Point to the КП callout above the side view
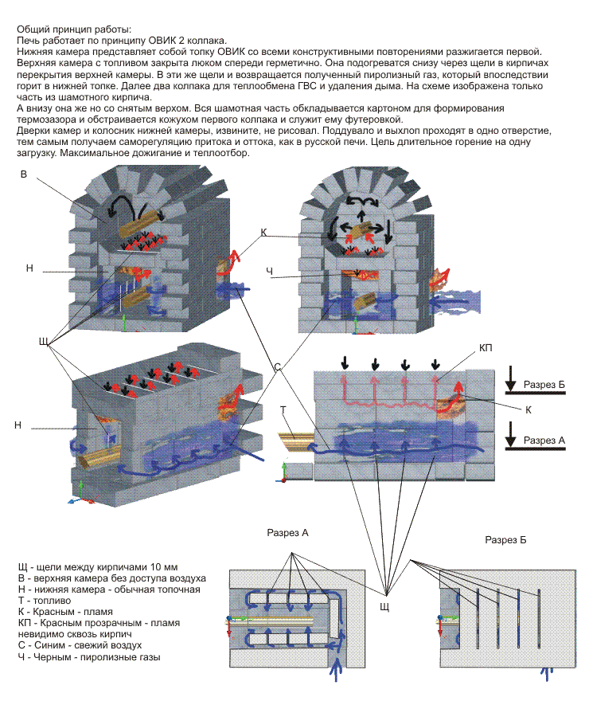[487, 349]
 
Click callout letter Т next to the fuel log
[283, 409]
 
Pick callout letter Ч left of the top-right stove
[271, 272]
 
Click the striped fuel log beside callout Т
[295, 439]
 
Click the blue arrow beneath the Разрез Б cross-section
[546, 673]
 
